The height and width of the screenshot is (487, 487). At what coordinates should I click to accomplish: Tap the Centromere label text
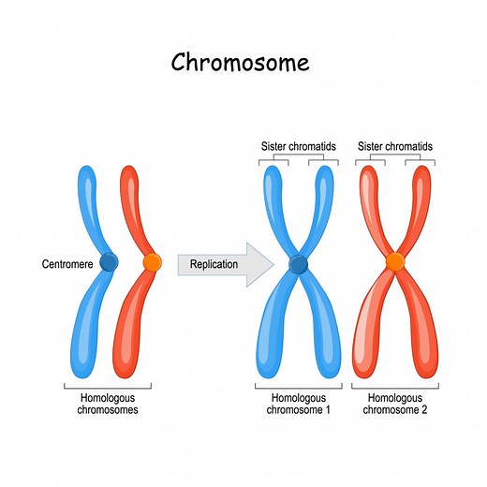coord(67,264)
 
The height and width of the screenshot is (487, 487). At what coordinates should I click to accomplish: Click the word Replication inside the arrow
coord(214,264)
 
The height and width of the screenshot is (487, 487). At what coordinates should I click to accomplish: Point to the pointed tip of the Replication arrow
coord(273,264)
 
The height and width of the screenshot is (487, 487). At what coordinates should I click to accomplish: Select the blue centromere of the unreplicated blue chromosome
coord(110,264)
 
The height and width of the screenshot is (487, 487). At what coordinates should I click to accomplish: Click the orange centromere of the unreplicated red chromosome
coord(152,263)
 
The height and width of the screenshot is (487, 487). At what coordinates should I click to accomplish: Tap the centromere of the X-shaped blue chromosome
coord(298,265)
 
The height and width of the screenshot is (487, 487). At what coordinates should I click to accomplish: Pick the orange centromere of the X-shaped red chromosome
coord(395,260)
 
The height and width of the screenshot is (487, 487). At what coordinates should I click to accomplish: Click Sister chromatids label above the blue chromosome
coord(298,147)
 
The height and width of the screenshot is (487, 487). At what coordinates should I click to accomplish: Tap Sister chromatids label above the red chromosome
coord(395,147)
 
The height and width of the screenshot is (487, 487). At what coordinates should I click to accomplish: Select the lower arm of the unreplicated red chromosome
coord(131,328)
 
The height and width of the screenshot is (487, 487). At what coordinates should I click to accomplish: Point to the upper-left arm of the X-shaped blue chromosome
coord(273,206)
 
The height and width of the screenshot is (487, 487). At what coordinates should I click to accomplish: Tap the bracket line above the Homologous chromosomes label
coord(108,386)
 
